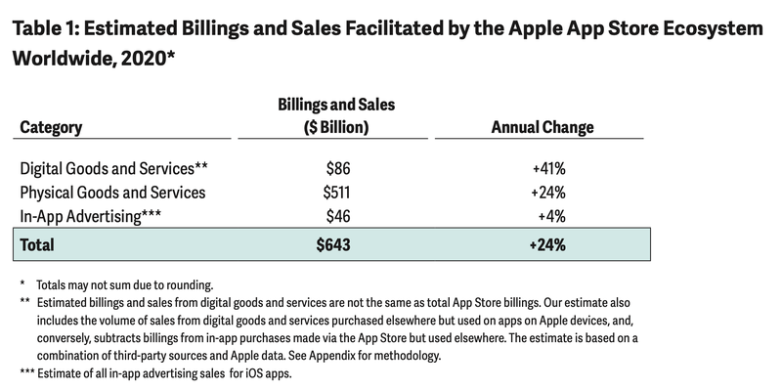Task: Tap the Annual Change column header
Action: pyautogui.click(x=542, y=128)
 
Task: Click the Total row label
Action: pyautogui.click(x=38, y=245)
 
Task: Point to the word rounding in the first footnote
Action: pyautogui.click(x=186, y=285)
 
